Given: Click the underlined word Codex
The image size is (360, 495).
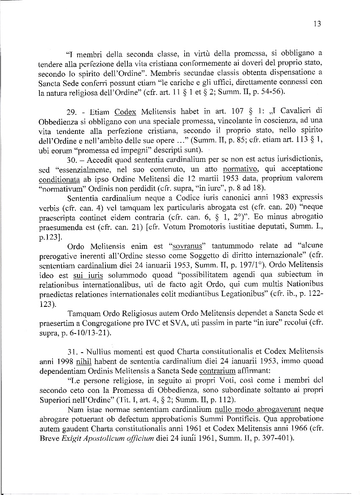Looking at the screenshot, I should coord(125,112).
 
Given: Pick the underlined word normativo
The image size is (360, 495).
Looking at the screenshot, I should coord(238,168).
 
